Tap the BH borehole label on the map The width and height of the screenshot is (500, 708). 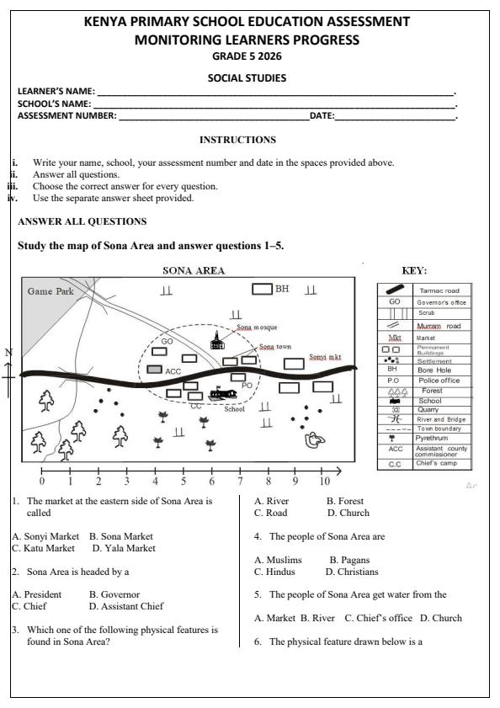282,289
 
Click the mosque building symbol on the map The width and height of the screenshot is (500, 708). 217,340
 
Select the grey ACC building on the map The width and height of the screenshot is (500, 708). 155,370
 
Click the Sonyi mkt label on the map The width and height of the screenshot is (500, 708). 326,357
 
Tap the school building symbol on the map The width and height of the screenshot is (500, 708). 222,394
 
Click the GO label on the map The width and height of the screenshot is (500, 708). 166,342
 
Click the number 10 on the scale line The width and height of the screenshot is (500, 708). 323,482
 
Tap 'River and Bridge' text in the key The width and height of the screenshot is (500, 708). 441,419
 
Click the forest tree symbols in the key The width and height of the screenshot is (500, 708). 396,391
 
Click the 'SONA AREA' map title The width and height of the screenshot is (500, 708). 193,271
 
